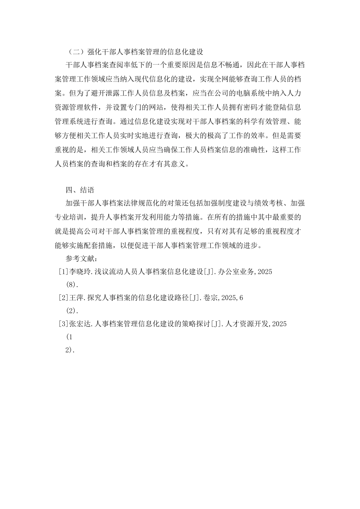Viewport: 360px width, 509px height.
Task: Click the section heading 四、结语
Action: [80, 190]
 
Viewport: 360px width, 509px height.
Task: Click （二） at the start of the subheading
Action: [74, 52]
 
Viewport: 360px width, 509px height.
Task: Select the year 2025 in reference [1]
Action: [265, 272]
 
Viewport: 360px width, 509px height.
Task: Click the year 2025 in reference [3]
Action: [279, 324]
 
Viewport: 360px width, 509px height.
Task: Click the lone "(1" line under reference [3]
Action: [69, 337]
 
